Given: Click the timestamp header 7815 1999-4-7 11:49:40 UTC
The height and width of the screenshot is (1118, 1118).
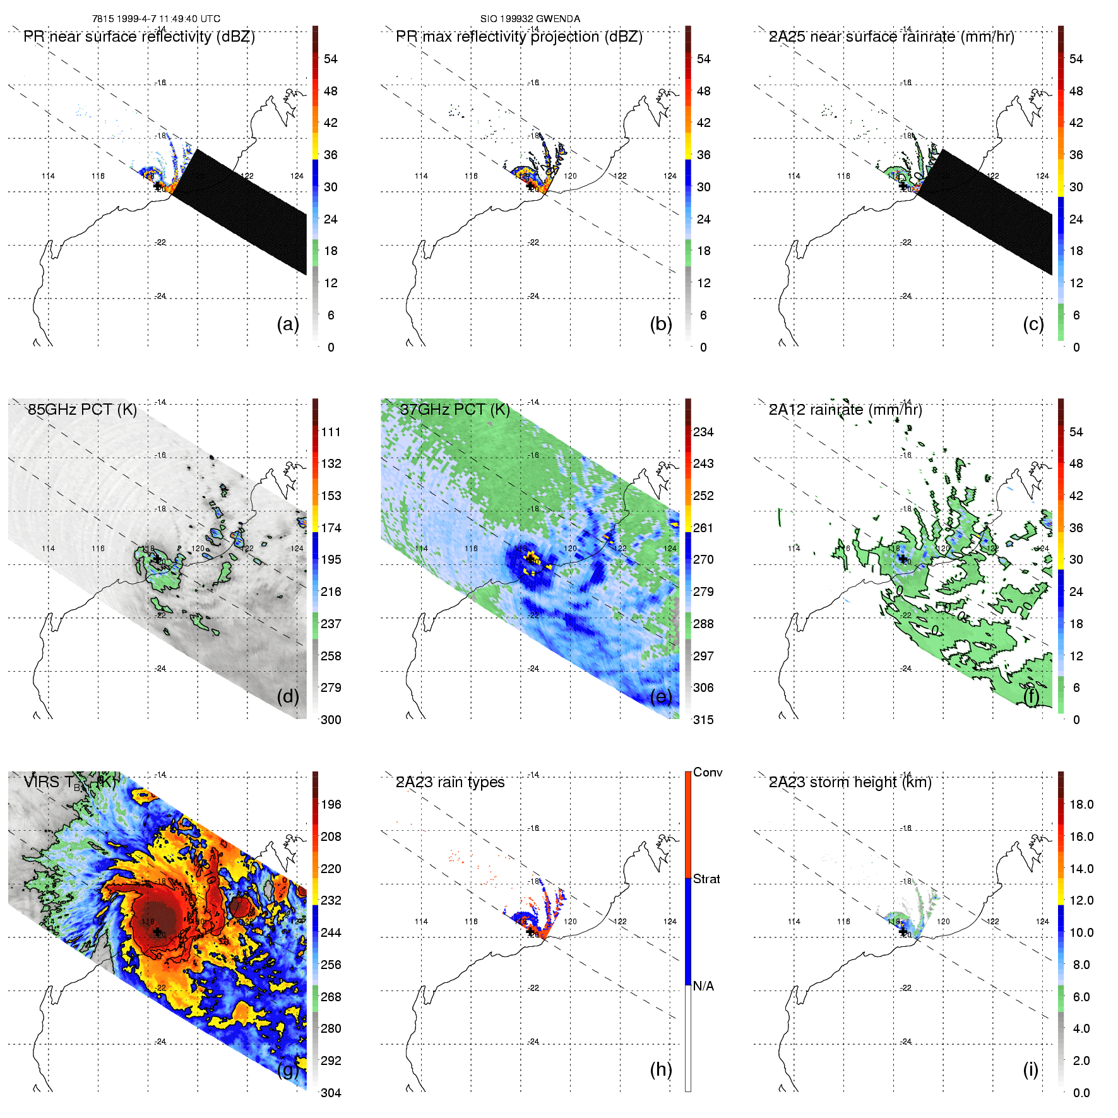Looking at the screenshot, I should tap(156, 19).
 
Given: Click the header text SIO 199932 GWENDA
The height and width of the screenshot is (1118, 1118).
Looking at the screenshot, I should tap(530, 19).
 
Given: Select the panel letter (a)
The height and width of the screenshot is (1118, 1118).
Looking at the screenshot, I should tap(288, 324).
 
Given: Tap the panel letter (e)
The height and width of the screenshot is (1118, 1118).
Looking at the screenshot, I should tap(661, 696).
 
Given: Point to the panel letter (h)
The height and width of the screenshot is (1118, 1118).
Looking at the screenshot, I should tap(661, 1069).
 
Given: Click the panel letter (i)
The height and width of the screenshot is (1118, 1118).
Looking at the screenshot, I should tap(1030, 1069).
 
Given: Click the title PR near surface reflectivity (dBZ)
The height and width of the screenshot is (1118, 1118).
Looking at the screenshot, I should tap(139, 37).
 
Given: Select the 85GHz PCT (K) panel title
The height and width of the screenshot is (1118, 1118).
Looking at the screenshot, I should tap(82, 409).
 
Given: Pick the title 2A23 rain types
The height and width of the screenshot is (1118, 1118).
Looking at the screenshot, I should tap(450, 782).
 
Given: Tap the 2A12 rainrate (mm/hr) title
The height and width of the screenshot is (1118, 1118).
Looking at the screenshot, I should tap(845, 409).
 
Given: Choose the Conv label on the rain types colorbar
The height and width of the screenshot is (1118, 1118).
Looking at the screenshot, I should tap(708, 772).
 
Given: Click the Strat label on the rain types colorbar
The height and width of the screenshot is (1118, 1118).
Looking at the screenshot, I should tap(706, 879).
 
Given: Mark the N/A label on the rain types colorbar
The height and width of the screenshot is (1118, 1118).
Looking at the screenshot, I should tap(703, 986).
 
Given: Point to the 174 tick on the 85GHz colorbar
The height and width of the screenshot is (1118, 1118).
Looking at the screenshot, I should tap(331, 528).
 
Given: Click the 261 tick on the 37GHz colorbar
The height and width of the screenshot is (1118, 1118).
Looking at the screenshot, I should tap(703, 528).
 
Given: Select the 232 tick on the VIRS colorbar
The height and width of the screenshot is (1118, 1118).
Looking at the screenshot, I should tap(331, 900).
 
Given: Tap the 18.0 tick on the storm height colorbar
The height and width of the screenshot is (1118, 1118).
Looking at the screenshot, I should tap(1081, 804).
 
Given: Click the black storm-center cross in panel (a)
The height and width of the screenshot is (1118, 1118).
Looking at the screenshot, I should tap(157, 186).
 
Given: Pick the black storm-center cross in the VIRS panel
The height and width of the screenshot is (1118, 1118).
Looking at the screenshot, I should tap(157, 932).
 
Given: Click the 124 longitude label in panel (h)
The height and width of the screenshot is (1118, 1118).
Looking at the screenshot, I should tap(670, 922).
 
